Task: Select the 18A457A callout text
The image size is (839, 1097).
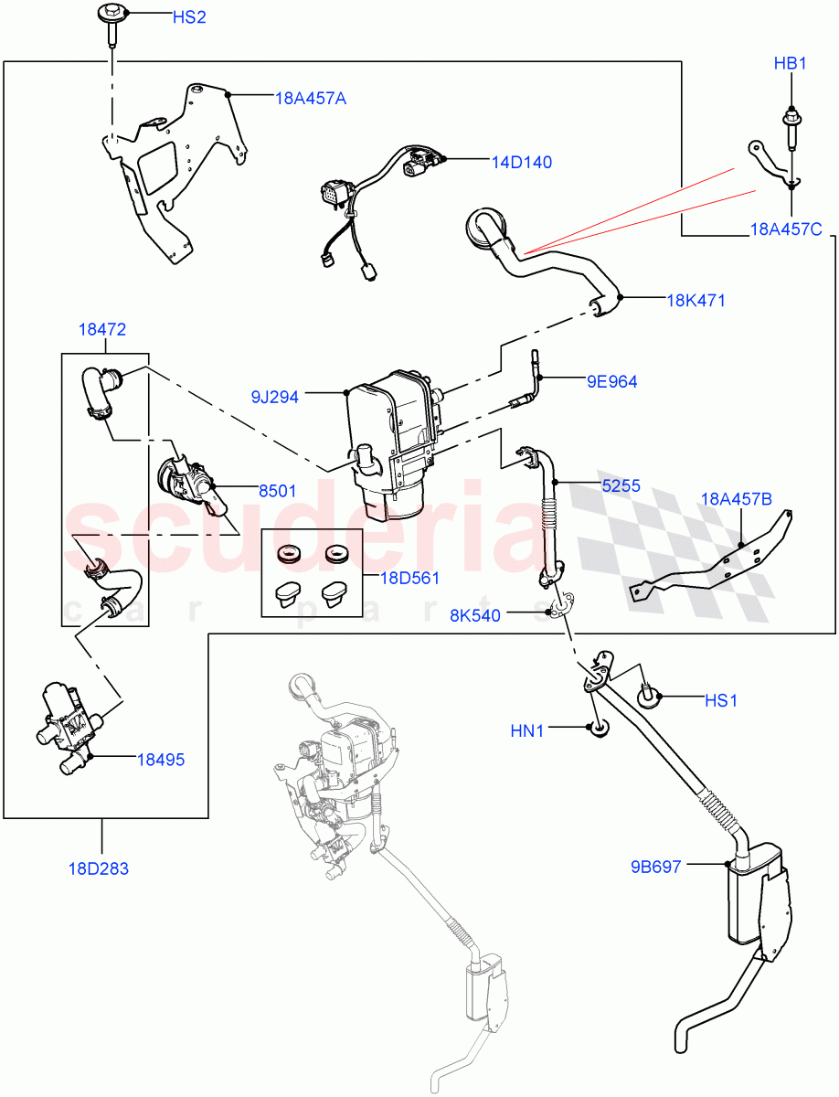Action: tap(310, 98)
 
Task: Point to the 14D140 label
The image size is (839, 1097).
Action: tap(521, 162)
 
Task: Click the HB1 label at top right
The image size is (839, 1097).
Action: tap(790, 64)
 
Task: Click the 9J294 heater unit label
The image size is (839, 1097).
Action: tap(275, 397)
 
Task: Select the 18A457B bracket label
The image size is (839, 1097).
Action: tap(736, 498)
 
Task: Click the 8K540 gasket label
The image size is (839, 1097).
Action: tap(475, 615)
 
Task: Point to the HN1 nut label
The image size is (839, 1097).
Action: tap(527, 730)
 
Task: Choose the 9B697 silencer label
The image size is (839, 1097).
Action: tap(654, 867)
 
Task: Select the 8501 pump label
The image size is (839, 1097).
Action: tap(276, 490)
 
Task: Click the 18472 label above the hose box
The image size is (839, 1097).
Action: tap(101, 330)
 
